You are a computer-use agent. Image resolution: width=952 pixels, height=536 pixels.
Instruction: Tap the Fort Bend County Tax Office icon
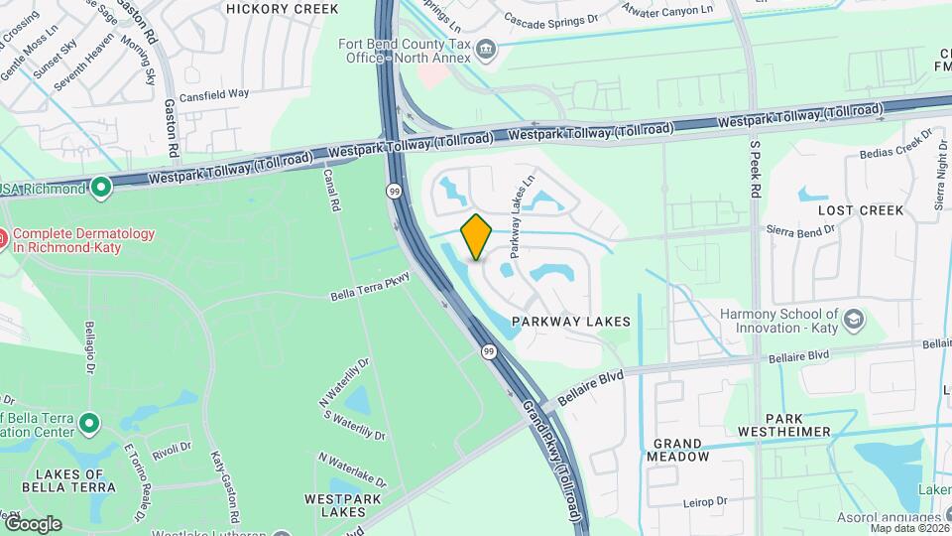tap(486, 49)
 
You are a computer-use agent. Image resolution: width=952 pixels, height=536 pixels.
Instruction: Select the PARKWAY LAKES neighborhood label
tap(571, 323)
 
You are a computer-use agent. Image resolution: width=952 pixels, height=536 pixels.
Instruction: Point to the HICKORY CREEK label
tap(283, 9)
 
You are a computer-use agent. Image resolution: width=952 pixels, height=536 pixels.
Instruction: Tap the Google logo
tap(33, 523)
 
